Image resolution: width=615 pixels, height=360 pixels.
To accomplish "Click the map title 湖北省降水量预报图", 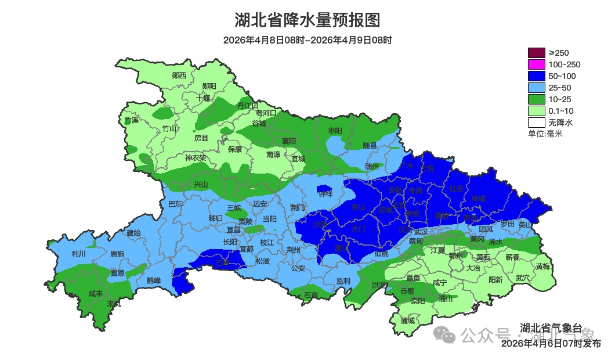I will click(x=307, y=20).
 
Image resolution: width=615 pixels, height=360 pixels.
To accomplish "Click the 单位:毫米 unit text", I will click(x=545, y=134).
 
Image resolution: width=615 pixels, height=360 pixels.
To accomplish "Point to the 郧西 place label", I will click(x=179, y=75).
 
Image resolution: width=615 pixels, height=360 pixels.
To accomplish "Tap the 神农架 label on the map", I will click(x=196, y=158).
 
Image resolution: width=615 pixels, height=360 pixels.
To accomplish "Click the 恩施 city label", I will click(x=117, y=254).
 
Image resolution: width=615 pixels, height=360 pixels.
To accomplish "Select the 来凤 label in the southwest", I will click(x=114, y=304).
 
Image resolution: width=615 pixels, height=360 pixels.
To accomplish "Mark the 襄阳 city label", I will click(x=289, y=141).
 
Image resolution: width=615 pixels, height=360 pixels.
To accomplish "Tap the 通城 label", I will click(x=408, y=321).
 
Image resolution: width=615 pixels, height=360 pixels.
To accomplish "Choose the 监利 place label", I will click(x=343, y=281).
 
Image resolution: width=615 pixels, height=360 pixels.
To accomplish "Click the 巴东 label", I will click(x=175, y=204).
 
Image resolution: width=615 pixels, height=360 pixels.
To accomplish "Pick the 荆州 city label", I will click(x=294, y=250).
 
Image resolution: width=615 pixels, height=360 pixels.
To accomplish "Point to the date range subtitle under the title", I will click(x=307, y=40).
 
